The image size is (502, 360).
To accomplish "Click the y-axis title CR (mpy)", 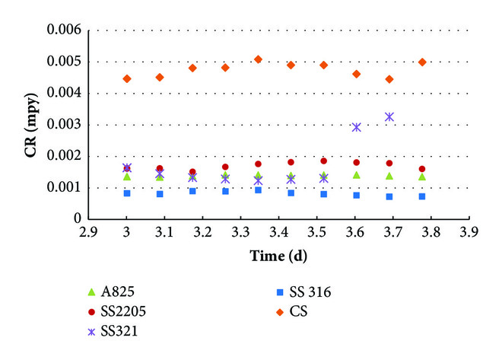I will coord(30,125).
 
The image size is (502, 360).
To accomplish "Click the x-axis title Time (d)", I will coord(278,256).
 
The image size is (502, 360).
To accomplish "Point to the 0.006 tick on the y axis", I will coord(65,30).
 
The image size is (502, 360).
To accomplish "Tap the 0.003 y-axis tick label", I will coord(65,125).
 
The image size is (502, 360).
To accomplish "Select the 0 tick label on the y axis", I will coord(77,219).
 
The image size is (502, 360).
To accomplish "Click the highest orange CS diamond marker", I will coord(259,59).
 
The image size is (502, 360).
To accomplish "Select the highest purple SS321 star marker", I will coord(389,116).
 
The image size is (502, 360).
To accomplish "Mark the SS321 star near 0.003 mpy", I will coord(357,127).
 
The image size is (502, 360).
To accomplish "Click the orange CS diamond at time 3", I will coord(127,78).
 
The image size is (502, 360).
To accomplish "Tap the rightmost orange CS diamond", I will coord(422,62).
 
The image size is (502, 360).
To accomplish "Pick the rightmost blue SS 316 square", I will coord(422,196).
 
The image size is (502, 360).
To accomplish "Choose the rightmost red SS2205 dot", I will coord(422,169).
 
